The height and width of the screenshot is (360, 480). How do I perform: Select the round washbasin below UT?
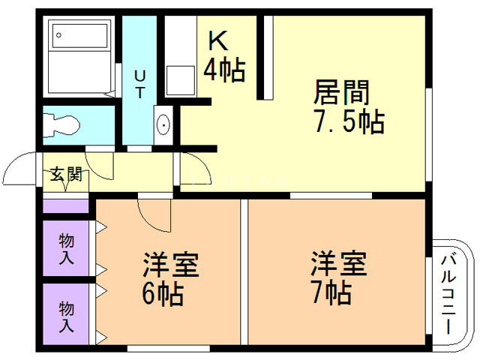163,124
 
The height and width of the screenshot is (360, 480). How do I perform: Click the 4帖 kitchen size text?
224,70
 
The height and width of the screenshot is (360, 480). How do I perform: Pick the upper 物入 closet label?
66,247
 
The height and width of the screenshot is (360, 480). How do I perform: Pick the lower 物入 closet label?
66,315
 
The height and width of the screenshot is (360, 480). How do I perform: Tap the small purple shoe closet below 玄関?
66,204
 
